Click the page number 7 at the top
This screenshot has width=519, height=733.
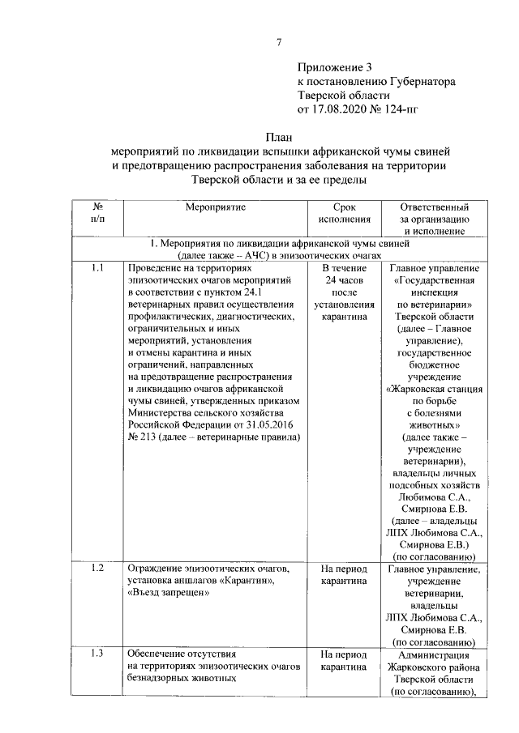coord(278,42)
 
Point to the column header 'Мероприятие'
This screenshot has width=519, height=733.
coord(215,207)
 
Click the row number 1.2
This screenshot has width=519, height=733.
coord(97,569)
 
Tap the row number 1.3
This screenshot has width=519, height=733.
coord(97,654)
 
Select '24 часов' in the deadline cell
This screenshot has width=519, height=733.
coord(345,280)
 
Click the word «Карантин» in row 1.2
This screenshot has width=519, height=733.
coord(251,581)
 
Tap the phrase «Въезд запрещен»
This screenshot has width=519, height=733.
coord(167,593)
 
